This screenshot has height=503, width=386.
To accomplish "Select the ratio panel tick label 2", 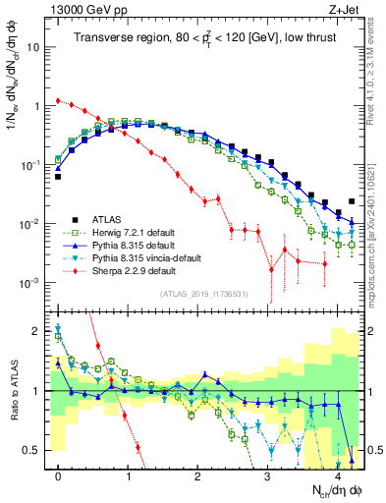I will pyautogui.click(x=35, y=331).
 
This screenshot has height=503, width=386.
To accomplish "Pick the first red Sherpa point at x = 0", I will pyautogui.click(x=59, y=100).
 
